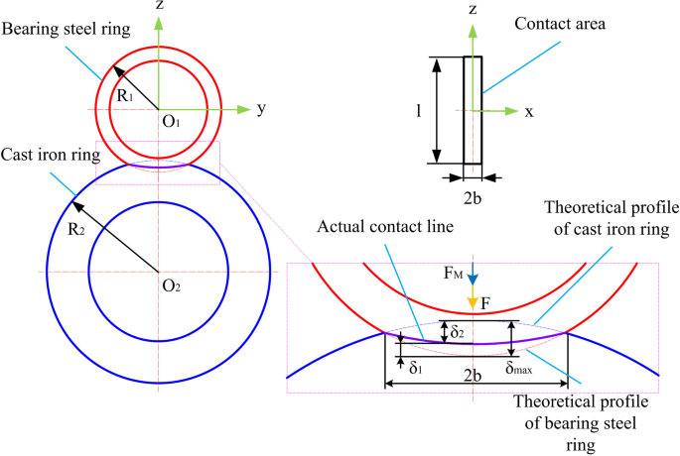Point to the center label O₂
pos(171,285)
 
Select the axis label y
pos(261,109)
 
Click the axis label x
pos(529,111)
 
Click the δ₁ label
pos(414,365)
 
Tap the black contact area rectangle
pos(474,109)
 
